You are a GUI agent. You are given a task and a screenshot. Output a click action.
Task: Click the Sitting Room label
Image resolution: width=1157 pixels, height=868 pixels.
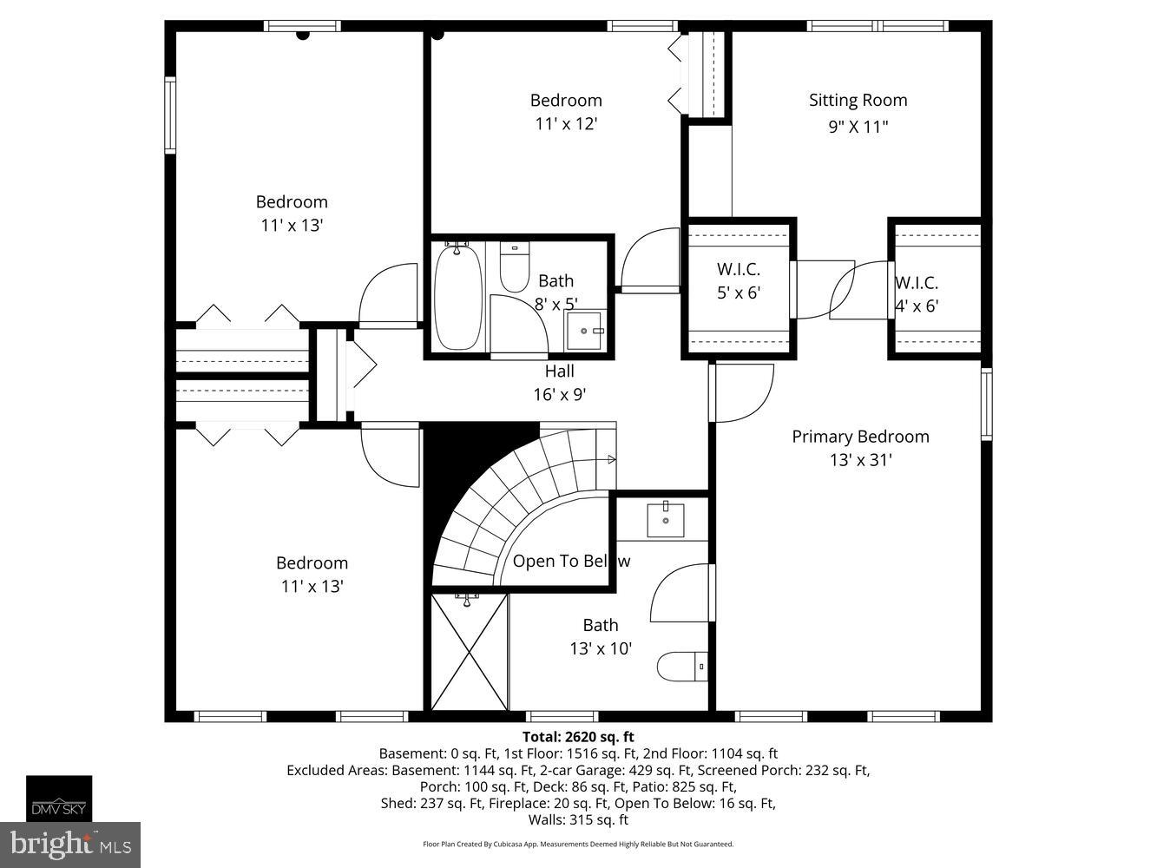pyautogui.click(x=858, y=101)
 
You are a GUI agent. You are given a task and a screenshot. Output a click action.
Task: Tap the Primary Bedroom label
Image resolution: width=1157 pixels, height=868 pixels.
pyautogui.click(x=860, y=437)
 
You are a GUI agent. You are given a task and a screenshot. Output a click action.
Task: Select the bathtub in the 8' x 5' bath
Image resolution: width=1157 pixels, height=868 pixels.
pyautogui.click(x=457, y=297)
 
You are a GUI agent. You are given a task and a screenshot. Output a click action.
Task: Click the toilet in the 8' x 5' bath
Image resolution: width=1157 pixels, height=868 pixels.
pyautogui.click(x=515, y=268)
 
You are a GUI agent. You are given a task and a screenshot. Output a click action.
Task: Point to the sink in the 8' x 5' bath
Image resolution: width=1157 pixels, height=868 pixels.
pyautogui.click(x=586, y=330)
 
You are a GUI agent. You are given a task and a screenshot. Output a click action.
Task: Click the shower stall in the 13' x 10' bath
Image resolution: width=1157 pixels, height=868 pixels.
pyautogui.click(x=470, y=651)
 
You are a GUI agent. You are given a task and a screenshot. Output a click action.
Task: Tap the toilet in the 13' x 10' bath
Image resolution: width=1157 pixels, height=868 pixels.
pyautogui.click(x=682, y=667)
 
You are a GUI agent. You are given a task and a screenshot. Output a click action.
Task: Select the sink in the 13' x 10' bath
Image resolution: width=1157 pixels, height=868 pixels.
pyautogui.click(x=666, y=520)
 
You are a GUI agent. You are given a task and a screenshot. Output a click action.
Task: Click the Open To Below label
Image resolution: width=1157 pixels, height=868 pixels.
pyautogui.click(x=570, y=562)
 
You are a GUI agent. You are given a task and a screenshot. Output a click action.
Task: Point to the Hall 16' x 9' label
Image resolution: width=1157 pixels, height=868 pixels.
pyautogui.click(x=560, y=383)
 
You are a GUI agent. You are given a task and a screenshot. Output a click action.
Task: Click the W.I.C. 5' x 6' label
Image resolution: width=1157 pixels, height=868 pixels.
pyautogui.click(x=738, y=281)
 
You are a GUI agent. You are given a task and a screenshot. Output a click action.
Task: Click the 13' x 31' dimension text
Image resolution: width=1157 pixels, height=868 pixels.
pyautogui.click(x=860, y=460)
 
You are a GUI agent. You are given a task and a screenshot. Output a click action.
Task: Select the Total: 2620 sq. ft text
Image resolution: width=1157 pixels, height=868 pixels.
pyautogui.click(x=578, y=738)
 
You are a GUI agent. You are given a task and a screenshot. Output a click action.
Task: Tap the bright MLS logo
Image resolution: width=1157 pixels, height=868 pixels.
pyautogui.click(x=70, y=845)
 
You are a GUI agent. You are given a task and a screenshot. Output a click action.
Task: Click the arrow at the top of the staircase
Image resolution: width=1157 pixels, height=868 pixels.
pyautogui.click(x=611, y=459)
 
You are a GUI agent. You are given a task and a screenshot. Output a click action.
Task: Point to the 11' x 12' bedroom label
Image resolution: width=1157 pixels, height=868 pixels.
pyautogui.click(x=566, y=112)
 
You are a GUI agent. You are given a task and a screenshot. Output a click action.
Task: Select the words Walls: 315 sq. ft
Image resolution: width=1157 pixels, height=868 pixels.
pyautogui.click(x=578, y=819)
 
